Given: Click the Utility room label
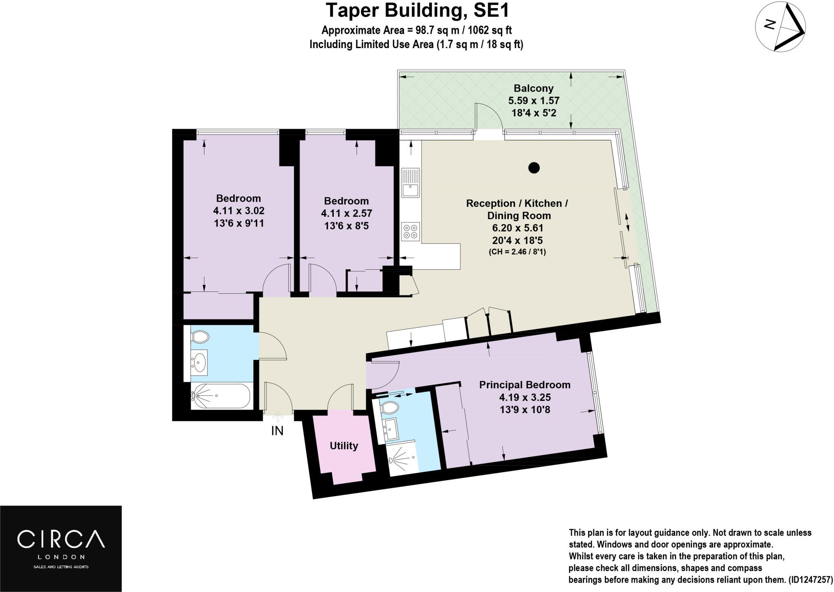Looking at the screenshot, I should tap(344, 446).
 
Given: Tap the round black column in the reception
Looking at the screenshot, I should tap(534, 167).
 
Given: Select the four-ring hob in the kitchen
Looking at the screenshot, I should tap(410, 231).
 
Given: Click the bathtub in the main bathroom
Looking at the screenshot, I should tap(220, 395).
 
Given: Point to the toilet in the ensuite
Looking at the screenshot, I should tap(390, 407).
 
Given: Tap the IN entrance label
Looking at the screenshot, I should tap(277, 431).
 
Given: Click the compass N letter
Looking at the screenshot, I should tap(769, 25).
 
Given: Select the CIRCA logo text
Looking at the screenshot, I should tap(61, 539).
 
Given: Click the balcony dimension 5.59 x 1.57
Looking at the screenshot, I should tap(533, 101).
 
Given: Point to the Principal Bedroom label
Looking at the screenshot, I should tap(525, 385).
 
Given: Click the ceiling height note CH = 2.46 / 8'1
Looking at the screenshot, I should tap(517, 252).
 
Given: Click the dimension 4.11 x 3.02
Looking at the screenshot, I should tap(239, 211).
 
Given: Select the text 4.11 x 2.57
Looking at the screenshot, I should tap(346, 213).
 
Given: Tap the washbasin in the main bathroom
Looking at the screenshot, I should tap(200, 361).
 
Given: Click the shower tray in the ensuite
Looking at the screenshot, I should tap(402, 458).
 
